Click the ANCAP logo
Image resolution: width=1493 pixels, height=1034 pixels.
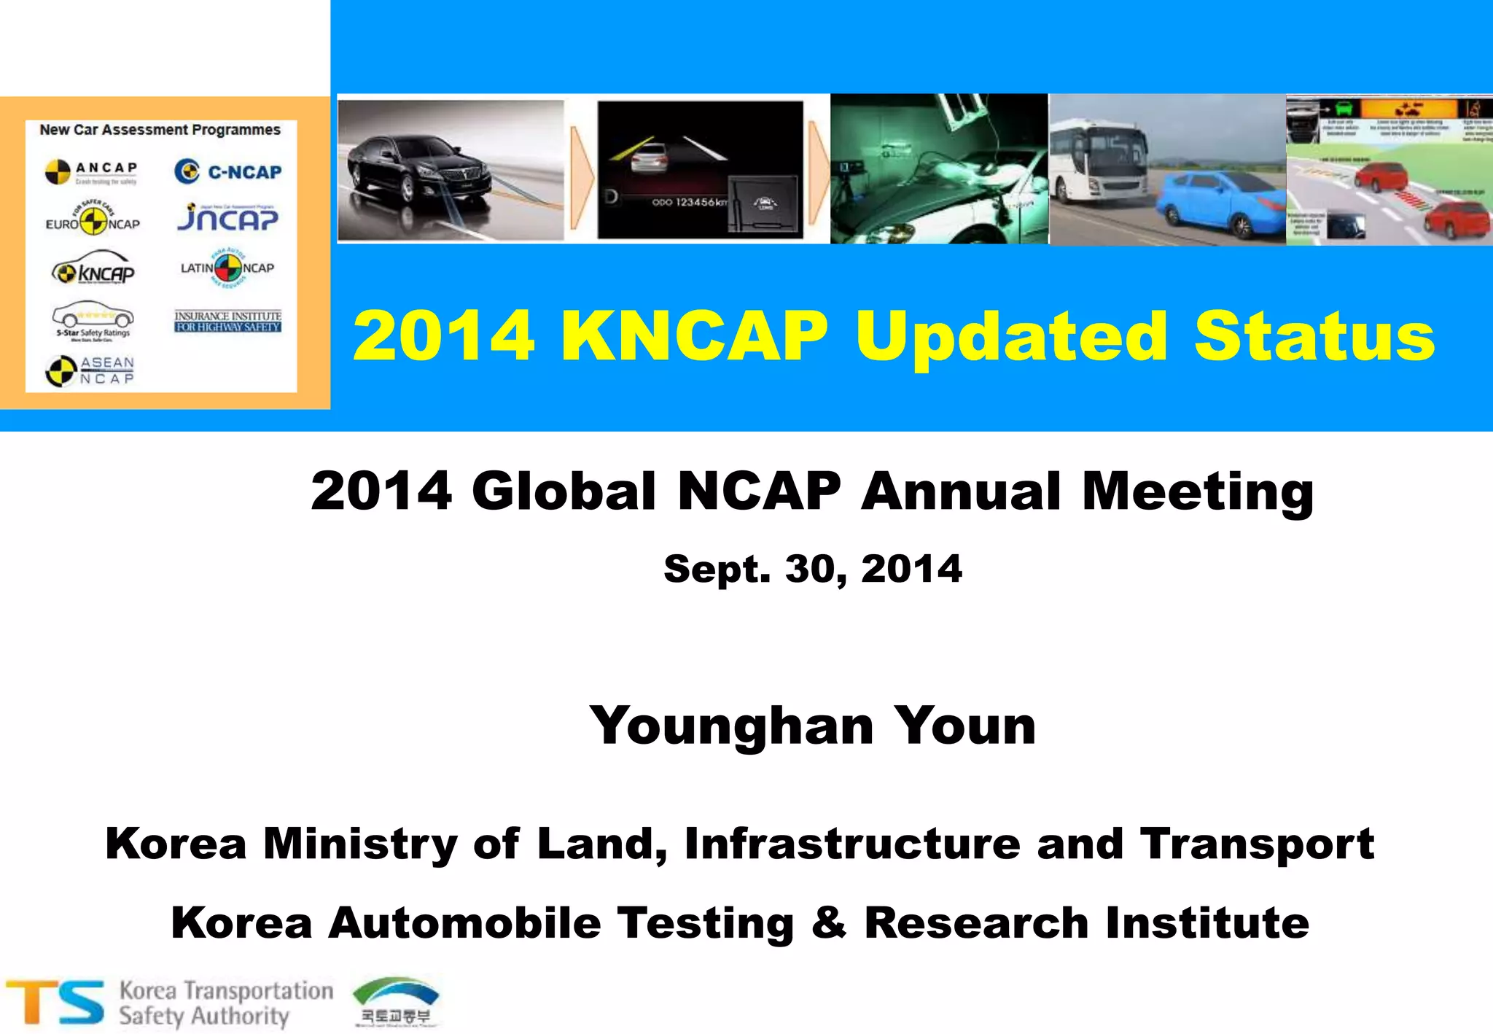[x=91, y=172]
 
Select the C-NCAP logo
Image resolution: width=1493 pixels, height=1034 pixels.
[x=227, y=171]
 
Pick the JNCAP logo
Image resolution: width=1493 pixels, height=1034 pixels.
[x=227, y=217]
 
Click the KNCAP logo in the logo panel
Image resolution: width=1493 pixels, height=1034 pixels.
[x=93, y=271]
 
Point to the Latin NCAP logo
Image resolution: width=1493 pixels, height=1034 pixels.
[x=227, y=268]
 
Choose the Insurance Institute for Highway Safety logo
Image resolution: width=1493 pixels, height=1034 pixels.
[x=227, y=321]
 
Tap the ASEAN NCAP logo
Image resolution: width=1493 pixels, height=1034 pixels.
[x=90, y=370]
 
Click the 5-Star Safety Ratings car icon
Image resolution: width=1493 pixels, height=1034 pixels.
[x=93, y=316]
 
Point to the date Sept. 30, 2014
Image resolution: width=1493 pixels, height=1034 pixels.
[x=812, y=569]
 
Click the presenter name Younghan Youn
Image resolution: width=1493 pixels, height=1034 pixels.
[x=812, y=726]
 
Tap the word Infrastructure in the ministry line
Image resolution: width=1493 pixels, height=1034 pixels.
[x=852, y=844]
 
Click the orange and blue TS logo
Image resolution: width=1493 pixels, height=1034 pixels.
[x=55, y=1002]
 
